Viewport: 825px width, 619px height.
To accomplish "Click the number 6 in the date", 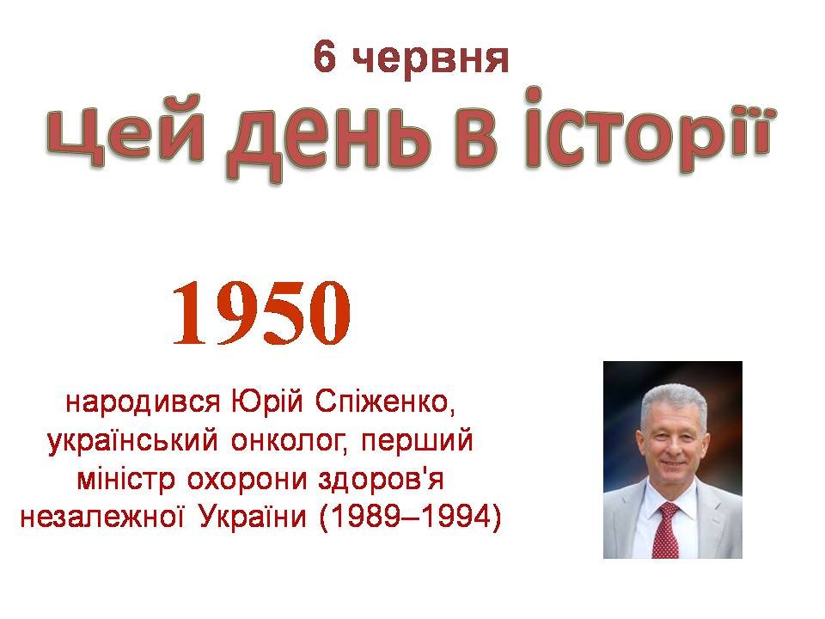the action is pyautogui.click(x=325, y=57).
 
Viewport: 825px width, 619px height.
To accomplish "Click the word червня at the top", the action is pyautogui.click(x=431, y=60).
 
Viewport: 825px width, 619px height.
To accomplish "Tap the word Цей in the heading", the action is pyautogui.click(x=125, y=131).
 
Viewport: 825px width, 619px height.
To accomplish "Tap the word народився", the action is pyautogui.click(x=143, y=402).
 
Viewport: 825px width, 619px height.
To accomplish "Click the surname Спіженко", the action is pyautogui.click(x=385, y=402).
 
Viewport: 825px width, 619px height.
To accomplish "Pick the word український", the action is pyautogui.click(x=132, y=441).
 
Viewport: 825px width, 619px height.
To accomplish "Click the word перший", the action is pyautogui.click(x=418, y=441).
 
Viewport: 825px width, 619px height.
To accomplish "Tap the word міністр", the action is pyautogui.click(x=125, y=480).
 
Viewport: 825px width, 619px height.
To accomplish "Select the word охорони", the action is pyautogui.click(x=247, y=480).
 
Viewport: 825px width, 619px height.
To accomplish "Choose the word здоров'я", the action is pyautogui.click(x=382, y=480).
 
